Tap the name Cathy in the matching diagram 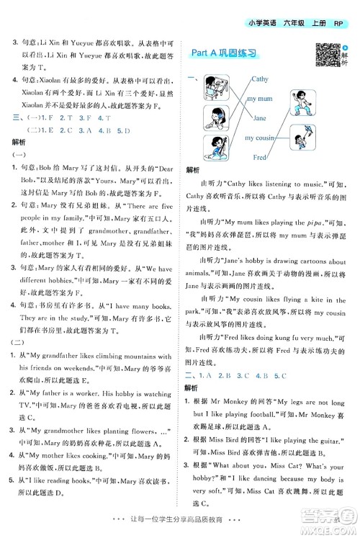[259, 79]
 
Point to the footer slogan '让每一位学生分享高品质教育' [180, 527]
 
